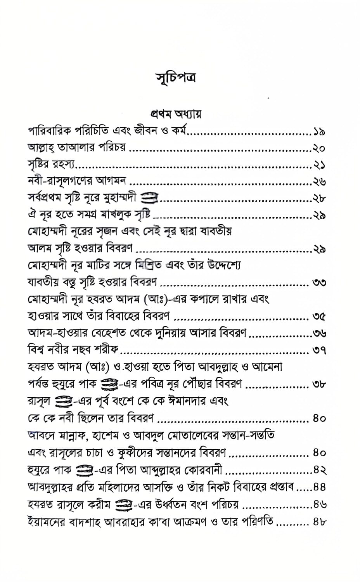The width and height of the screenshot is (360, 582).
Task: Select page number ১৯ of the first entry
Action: pos(320,132)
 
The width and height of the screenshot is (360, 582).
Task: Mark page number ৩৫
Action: pos(319,317)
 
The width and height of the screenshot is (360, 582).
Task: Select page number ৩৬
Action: pos(319,334)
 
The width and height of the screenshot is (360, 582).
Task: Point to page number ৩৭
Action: pos(319,351)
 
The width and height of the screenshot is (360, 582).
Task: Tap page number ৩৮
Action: pos(319,385)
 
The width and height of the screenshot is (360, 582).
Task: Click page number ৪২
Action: pos(320,471)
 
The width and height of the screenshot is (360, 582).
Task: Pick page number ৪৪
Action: pos(320,488)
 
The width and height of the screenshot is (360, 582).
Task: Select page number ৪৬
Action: pos(320,505)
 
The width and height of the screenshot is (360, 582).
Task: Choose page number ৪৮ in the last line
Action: pos(320,522)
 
